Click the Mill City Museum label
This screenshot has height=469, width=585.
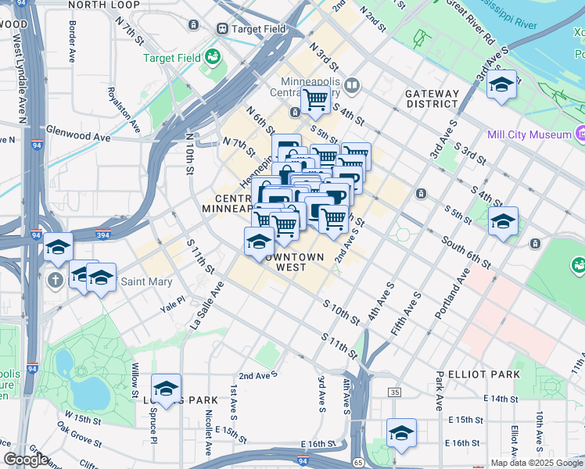click(x=529, y=134)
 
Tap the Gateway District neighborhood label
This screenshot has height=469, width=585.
click(x=432, y=98)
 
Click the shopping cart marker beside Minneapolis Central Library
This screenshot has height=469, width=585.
click(x=316, y=100)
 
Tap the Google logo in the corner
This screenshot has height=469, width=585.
click(x=26, y=460)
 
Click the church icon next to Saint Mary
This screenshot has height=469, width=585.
click(x=56, y=280)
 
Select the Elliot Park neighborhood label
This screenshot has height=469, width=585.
click(x=485, y=374)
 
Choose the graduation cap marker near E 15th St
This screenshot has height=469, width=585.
click(x=401, y=433)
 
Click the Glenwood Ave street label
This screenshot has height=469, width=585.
click(x=78, y=136)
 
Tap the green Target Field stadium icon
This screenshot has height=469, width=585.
click(x=212, y=57)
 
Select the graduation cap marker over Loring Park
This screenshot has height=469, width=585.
click(x=166, y=388)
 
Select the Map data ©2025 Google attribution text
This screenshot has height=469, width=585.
click(x=537, y=463)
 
